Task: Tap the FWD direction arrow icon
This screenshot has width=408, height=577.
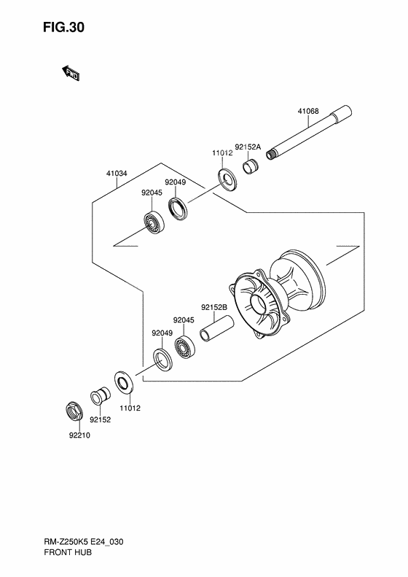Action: point(71,72)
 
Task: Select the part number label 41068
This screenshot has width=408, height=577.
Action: point(307,112)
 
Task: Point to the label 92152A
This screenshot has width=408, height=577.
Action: point(247,147)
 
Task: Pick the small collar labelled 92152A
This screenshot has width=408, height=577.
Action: point(250,168)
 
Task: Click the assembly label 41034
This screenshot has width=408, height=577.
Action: point(117,174)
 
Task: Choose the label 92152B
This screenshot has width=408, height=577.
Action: point(214,307)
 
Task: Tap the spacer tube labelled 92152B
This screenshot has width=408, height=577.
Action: point(215,331)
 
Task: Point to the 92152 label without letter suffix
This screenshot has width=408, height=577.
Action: point(100,419)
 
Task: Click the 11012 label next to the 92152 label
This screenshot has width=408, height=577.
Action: point(130,408)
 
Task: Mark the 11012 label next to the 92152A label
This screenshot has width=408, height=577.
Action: point(221,154)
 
